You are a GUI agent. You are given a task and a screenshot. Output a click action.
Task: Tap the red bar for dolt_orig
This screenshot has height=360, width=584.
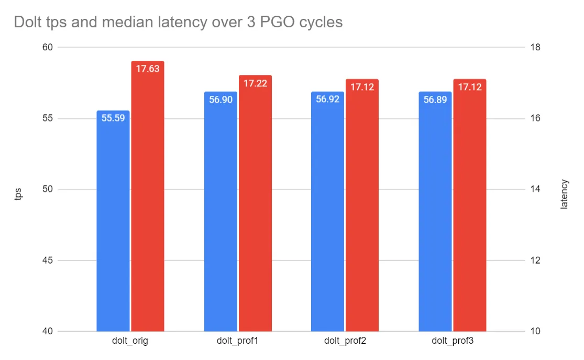(148, 199)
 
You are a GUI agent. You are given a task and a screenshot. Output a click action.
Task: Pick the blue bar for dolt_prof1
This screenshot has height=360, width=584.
(221, 215)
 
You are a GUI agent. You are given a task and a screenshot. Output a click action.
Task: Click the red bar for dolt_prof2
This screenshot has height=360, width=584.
(362, 210)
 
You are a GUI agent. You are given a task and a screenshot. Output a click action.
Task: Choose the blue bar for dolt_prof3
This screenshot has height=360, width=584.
(435, 215)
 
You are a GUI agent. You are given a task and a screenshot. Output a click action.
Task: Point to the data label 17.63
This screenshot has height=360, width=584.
(148, 69)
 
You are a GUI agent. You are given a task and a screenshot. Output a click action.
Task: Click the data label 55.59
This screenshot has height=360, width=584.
(113, 118)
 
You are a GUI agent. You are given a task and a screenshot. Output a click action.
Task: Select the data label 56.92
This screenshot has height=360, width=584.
(328, 100)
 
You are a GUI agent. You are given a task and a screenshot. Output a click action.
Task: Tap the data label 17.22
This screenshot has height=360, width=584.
(255, 83)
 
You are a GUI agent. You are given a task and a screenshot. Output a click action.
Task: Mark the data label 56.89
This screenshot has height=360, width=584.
(435, 100)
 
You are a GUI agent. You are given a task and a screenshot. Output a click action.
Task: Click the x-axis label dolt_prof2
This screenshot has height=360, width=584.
(345, 341)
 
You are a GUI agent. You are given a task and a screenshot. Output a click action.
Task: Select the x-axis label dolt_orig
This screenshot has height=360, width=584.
(130, 341)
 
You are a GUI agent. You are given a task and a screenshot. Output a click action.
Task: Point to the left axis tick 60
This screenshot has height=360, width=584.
(48, 47)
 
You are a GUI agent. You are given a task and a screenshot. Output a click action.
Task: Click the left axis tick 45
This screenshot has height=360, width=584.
(48, 260)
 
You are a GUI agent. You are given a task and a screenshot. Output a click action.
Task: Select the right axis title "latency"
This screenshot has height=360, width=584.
(564, 194)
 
